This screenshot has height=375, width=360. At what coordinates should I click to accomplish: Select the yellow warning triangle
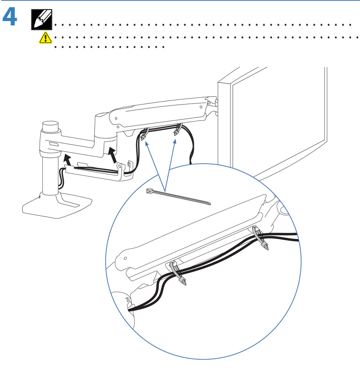45,38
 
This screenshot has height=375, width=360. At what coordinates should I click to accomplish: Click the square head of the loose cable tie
149,191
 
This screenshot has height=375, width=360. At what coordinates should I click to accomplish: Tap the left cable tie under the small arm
144,135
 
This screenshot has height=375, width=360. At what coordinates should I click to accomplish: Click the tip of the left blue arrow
146,142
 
